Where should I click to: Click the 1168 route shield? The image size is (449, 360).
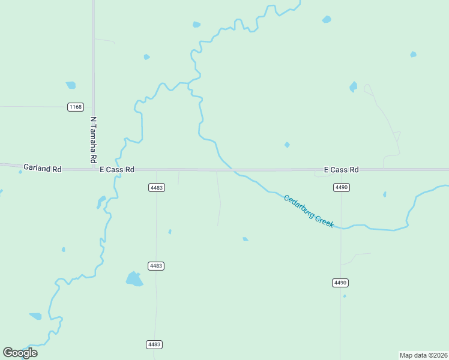[76, 107]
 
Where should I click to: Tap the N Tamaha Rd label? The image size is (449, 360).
[93, 140]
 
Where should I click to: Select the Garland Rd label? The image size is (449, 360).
[43, 169]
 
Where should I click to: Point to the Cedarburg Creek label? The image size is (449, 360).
[309, 211]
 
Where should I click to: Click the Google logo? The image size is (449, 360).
[20, 352]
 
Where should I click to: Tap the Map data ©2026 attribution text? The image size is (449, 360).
[423, 355]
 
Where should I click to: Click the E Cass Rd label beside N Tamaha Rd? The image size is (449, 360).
[117, 170]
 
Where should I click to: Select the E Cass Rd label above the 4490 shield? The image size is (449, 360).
[341, 170]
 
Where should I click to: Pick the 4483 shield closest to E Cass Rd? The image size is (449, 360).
[156, 188]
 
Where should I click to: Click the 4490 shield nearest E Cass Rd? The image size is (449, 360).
[341, 188]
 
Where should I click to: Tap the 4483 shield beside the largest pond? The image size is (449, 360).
[156, 265]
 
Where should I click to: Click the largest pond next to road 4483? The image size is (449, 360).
[134, 278]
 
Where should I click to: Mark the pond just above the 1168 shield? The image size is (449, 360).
[71, 85]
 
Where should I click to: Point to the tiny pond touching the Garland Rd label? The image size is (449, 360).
[20, 172]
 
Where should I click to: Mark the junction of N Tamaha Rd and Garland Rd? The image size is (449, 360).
[94, 169]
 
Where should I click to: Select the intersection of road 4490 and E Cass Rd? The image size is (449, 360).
[341, 170]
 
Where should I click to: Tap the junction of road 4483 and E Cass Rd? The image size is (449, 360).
[157, 170]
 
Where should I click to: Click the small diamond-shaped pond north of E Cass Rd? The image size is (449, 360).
[287, 145]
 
